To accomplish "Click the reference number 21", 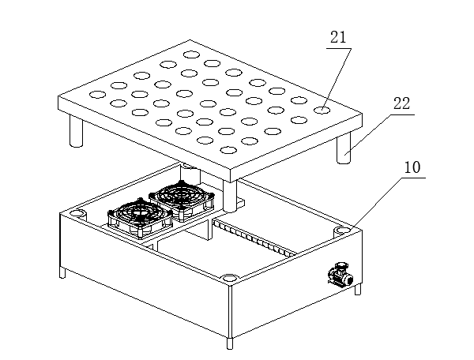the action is coord(338,38).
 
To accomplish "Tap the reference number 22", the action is coord(402,103).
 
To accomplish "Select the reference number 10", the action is coord(412,167).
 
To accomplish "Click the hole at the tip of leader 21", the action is coord(322,111).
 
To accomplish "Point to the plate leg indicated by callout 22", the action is coord(344,148).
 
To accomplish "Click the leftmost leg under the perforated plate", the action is coord(76,131).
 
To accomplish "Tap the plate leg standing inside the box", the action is coord(230,195).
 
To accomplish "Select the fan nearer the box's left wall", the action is coord(141,218).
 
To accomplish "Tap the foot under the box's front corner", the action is coord(230,343).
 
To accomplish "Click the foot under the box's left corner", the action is coord(62,273).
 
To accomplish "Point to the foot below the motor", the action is coord(358,290).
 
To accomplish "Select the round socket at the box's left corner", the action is coord(78,213).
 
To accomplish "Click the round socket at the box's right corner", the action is coord(342,231).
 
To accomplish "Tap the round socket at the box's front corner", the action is coord(230,278).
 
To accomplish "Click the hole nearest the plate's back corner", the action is coord(192,54).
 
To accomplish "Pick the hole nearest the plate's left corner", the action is coord(98,95).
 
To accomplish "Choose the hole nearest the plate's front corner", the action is coord(228,150).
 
